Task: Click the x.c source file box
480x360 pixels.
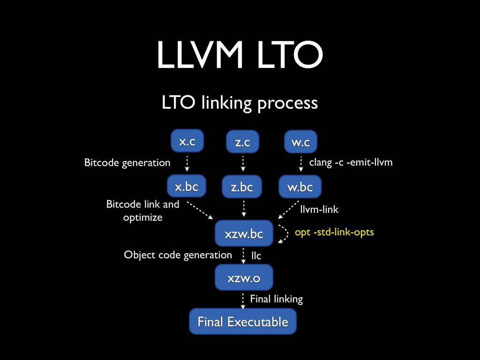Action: pyautogui.click(x=187, y=141)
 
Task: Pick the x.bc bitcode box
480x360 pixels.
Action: pyautogui.click(x=187, y=187)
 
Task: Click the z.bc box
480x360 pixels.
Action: pyautogui.click(x=242, y=187)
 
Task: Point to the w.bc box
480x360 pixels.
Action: pyautogui.click(x=300, y=187)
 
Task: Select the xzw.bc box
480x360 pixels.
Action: pyautogui.click(x=243, y=233)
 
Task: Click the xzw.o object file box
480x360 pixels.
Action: pyautogui.click(x=243, y=278)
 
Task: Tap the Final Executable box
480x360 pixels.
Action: pyautogui.click(x=242, y=322)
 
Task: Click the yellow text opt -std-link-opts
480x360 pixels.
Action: pyautogui.click(x=334, y=232)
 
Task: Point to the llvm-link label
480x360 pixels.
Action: pyautogui.click(x=319, y=210)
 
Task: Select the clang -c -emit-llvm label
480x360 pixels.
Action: pyautogui.click(x=351, y=162)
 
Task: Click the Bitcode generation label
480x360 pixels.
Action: pyautogui.click(x=127, y=163)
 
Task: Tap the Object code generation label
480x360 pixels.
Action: pyautogui.click(x=178, y=255)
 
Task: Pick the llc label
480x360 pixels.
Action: pyautogui.click(x=256, y=256)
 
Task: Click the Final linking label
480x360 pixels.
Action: pyautogui.click(x=276, y=299)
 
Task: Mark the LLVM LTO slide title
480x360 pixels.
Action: pyautogui.click(x=240, y=55)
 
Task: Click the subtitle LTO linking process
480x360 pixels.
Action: pyautogui.click(x=240, y=103)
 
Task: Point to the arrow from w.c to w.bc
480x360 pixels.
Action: pyautogui.click(x=300, y=164)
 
